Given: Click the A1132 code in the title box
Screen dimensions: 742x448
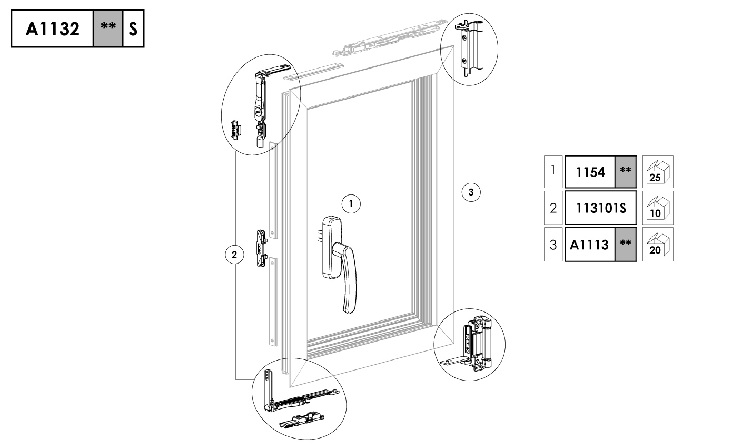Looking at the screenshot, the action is coord(52,29).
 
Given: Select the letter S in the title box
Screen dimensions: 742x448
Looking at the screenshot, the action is coord(133,29).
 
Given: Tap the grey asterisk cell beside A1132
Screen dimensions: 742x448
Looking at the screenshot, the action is coord(108,28).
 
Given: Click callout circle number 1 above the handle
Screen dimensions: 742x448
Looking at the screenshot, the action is coord(351,204).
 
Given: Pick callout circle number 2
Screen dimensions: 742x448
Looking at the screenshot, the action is coord(234,255).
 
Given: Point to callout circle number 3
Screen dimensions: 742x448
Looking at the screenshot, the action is coord(471,192).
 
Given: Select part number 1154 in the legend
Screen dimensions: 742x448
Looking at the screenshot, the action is coord(590,172).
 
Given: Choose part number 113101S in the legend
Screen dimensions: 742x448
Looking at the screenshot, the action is coord(601,208).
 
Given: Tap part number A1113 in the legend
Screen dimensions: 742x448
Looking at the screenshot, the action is coord(589,245).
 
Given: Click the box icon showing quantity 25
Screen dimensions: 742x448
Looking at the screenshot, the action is coord(658,172).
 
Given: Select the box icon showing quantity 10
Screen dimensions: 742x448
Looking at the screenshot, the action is coord(658,208).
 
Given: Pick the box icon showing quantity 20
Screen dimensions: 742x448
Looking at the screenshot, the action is coord(658,245).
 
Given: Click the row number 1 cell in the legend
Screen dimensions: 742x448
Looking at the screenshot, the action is coord(553,172).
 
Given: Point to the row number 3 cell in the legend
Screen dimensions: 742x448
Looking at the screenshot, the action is coord(553,245).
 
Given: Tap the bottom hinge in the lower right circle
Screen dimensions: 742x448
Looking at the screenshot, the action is coord(470,345).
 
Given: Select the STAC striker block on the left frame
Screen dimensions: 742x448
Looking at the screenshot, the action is coord(262,248).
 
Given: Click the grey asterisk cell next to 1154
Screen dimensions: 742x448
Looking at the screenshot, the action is coord(626,172).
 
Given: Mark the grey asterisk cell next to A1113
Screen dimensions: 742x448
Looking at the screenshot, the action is coord(626,245).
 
